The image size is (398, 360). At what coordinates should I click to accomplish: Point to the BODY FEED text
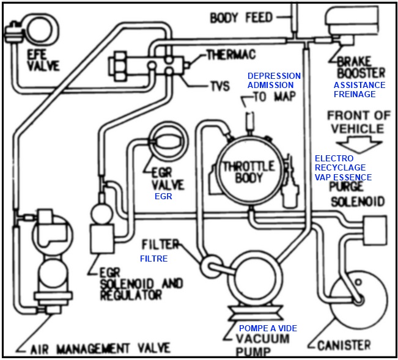pos(241,17)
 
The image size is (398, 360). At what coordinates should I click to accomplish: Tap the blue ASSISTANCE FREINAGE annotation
pos(359,90)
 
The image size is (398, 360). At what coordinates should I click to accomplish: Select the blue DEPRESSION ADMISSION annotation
pos(274,80)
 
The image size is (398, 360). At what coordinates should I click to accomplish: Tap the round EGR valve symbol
pos(164,142)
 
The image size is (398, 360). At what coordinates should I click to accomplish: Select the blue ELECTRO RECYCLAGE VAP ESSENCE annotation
pos(343,168)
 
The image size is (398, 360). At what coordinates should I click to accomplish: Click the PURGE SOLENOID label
pos(357,194)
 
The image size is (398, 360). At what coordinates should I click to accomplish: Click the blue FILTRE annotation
pos(153,259)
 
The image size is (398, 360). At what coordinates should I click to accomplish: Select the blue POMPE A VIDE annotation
pos(268,328)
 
